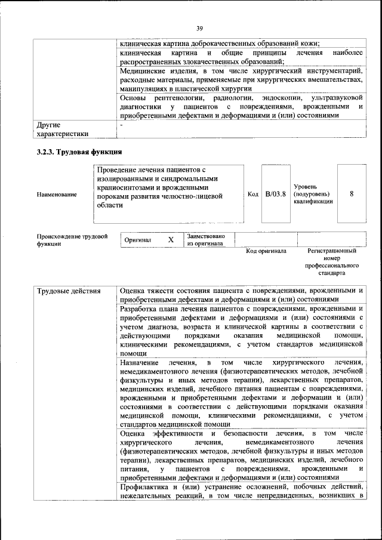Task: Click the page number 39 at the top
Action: click(199, 27)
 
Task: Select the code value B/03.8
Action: click(276, 193)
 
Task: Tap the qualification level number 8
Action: click(352, 193)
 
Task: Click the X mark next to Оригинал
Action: click(171, 239)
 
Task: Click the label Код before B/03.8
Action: click(252, 194)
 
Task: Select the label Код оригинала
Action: click(266, 251)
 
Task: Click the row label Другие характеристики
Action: click(63, 129)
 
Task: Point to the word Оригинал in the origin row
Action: click(138, 240)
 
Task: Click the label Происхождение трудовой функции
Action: click(72, 240)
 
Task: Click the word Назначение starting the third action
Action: click(139, 362)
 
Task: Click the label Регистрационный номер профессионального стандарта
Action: click(332, 262)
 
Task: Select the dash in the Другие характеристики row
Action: click(121, 125)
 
